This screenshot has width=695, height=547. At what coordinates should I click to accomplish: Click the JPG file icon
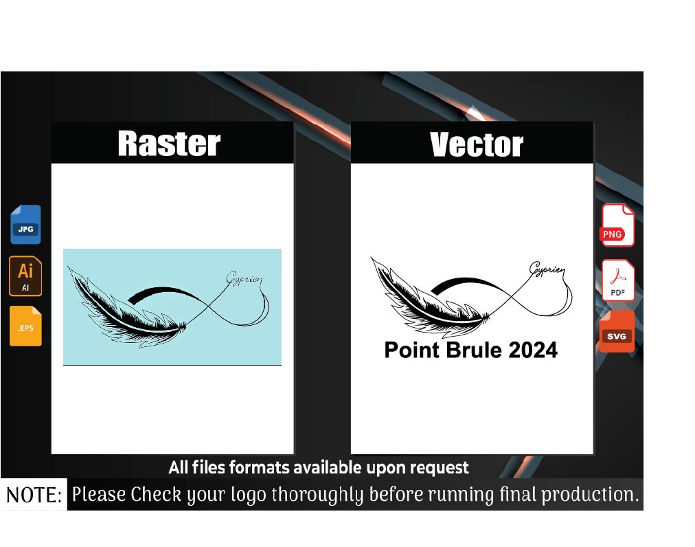point(25,225)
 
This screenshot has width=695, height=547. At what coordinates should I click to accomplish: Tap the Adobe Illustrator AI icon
point(25,276)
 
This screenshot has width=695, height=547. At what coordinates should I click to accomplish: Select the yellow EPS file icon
point(25,326)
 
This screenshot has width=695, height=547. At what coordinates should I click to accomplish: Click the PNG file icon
point(618,225)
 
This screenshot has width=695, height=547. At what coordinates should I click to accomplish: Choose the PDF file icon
point(618,280)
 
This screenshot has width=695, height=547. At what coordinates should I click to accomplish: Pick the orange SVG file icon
point(617,331)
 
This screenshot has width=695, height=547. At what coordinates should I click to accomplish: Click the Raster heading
point(170,144)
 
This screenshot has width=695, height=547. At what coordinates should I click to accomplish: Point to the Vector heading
point(477,144)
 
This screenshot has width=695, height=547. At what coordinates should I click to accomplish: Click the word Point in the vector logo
point(412,350)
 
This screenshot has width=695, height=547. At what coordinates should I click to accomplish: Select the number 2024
point(533,350)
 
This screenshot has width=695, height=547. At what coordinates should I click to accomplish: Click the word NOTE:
point(34,495)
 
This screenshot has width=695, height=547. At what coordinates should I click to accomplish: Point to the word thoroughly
point(317,495)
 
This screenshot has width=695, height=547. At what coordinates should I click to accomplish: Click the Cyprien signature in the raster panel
point(244,278)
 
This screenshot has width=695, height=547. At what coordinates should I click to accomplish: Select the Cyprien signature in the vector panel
point(547,269)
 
